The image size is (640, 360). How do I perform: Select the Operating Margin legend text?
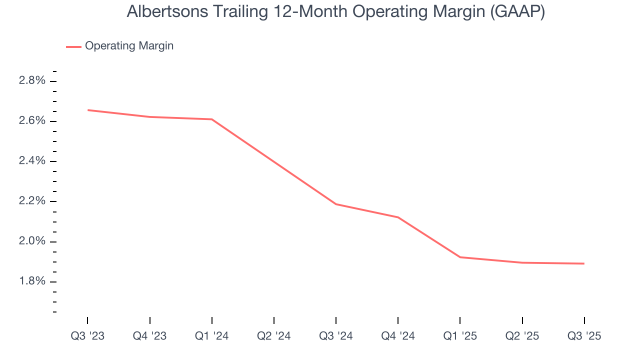click(x=129, y=46)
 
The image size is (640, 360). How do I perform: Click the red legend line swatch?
click(x=73, y=46)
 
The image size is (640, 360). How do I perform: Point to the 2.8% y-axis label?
click(x=32, y=81)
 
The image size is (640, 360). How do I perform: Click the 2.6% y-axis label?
click(x=32, y=121)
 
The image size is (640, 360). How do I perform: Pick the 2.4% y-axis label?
click(x=32, y=161)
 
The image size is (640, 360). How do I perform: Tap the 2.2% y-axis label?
click(x=32, y=201)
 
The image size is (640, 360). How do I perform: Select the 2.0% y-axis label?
click(x=32, y=241)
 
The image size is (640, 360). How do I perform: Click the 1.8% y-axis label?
click(x=32, y=281)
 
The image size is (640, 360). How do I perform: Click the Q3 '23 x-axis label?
click(x=87, y=336)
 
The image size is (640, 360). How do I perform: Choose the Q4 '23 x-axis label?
click(x=149, y=336)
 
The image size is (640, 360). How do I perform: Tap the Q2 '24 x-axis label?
click(x=274, y=336)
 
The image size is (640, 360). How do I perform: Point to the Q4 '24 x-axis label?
click(x=398, y=336)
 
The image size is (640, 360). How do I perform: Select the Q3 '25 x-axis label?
click(x=584, y=336)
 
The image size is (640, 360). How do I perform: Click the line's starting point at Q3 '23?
click(x=88, y=110)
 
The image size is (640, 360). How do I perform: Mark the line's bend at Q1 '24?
click(x=212, y=119)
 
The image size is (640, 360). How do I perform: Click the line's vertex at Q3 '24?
click(x=336, y=204)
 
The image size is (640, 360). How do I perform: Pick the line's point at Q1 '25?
click(x=460, y=257)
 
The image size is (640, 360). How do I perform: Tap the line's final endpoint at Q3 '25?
click(x=584, y=263)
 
